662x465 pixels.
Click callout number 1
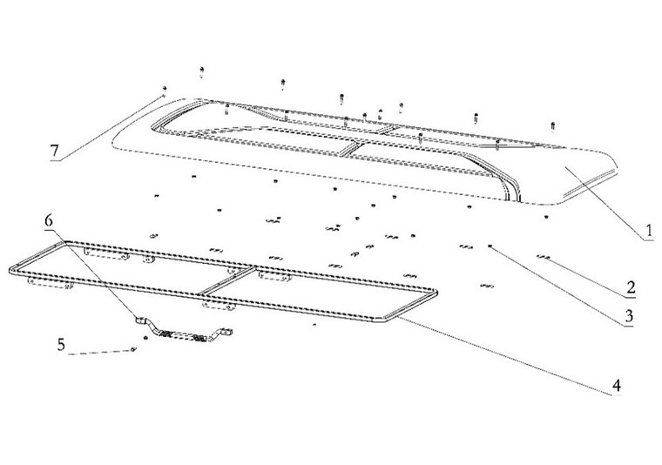(649, 232)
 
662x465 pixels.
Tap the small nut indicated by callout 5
(132, 350)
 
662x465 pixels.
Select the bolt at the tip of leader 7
(164, 90)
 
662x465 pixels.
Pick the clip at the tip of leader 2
(544, 256)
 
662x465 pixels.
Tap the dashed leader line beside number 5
(100, 353)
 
